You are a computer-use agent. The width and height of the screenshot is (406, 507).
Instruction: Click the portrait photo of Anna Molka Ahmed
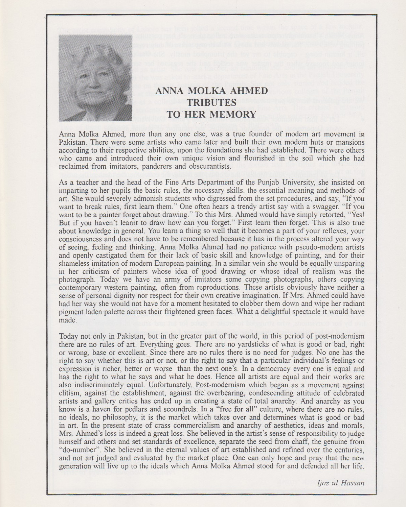[95, 78]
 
